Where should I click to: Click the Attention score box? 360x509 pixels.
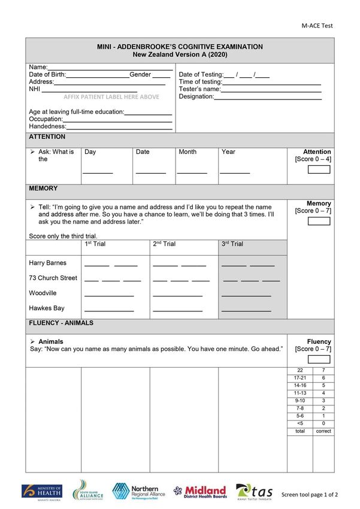point(319,169)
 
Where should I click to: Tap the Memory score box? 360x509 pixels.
point(319,221)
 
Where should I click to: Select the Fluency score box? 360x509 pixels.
point(319,359)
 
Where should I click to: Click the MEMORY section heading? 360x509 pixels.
point(44,189)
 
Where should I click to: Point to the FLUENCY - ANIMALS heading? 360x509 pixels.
point(61,323)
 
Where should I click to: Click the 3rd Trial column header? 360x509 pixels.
point(232,244)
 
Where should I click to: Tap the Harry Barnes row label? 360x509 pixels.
point(48,263)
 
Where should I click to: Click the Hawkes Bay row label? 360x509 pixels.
point(47,308)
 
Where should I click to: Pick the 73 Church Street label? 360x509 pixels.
point(53,278)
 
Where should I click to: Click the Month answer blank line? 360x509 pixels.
point(192,172)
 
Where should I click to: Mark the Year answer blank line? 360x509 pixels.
point(235,172)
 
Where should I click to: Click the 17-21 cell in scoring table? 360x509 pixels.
point(300,378)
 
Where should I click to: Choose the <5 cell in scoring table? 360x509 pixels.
point(300,423)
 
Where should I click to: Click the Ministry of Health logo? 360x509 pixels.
point(41,492)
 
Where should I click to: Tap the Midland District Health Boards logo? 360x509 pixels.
point(200,492)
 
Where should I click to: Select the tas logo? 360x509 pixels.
point(255,492)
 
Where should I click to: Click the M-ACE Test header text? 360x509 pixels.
point(317,26)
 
